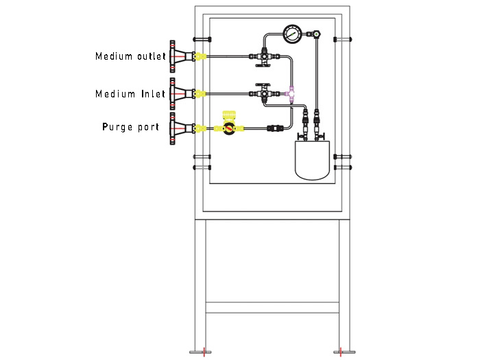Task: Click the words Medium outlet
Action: [130, 56]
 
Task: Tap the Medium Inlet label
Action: [130, 93]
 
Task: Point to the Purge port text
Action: [130, 127]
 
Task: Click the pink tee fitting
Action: [291, 92]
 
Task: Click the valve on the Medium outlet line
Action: [263, 56]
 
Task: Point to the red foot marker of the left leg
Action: [203, 352]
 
